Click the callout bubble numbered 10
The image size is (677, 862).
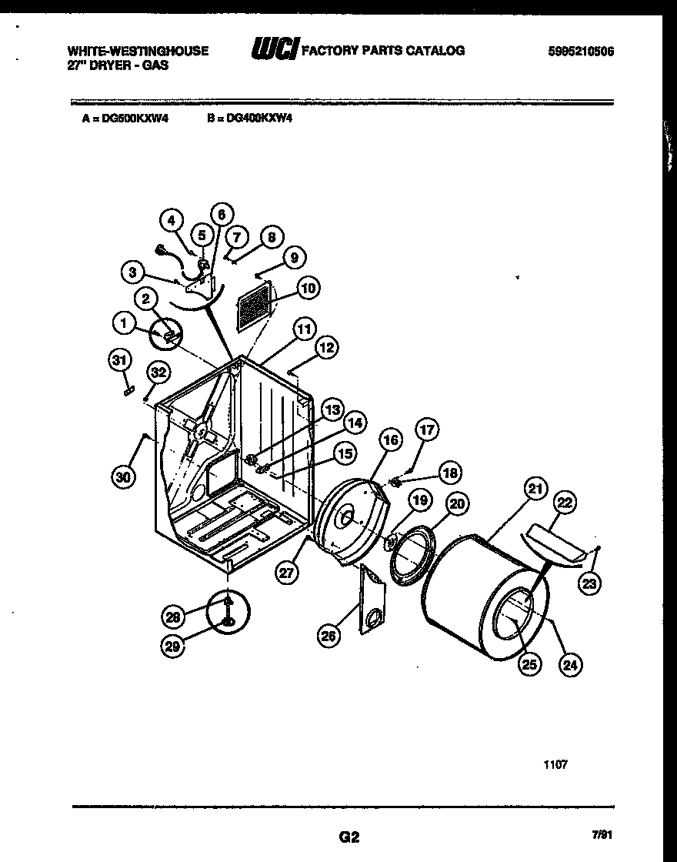click(308, 289)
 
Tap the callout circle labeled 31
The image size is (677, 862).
click(119, 360)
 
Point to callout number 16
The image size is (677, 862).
click(390, 440)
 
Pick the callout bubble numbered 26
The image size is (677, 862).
click(328, 635)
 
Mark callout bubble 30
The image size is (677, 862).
click(124, 477)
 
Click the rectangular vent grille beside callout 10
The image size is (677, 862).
click(254, 306)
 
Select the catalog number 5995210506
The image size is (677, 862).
click(581, 51)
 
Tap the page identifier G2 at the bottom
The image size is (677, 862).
click(349, 836)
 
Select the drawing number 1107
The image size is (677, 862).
click(555, 765)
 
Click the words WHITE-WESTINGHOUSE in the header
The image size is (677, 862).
click(138, 51)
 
